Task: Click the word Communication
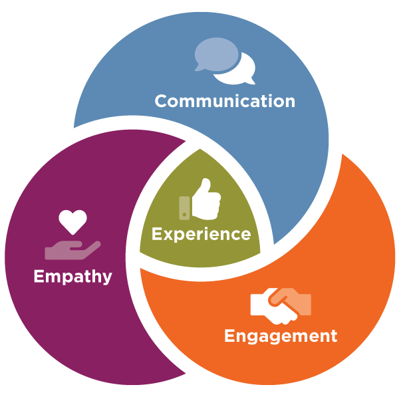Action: pos(225,101)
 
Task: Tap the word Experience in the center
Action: pos(201,234)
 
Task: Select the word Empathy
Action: pos(72,275)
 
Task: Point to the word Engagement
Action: pos(281,336)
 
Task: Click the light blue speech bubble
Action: pos(214,53)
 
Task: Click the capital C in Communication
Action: pos(161,101)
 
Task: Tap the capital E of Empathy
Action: pos(39,275)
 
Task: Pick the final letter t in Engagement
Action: pos(333,336)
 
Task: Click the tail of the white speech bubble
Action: pos(250,81)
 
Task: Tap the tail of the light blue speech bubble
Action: pos(199,68)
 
